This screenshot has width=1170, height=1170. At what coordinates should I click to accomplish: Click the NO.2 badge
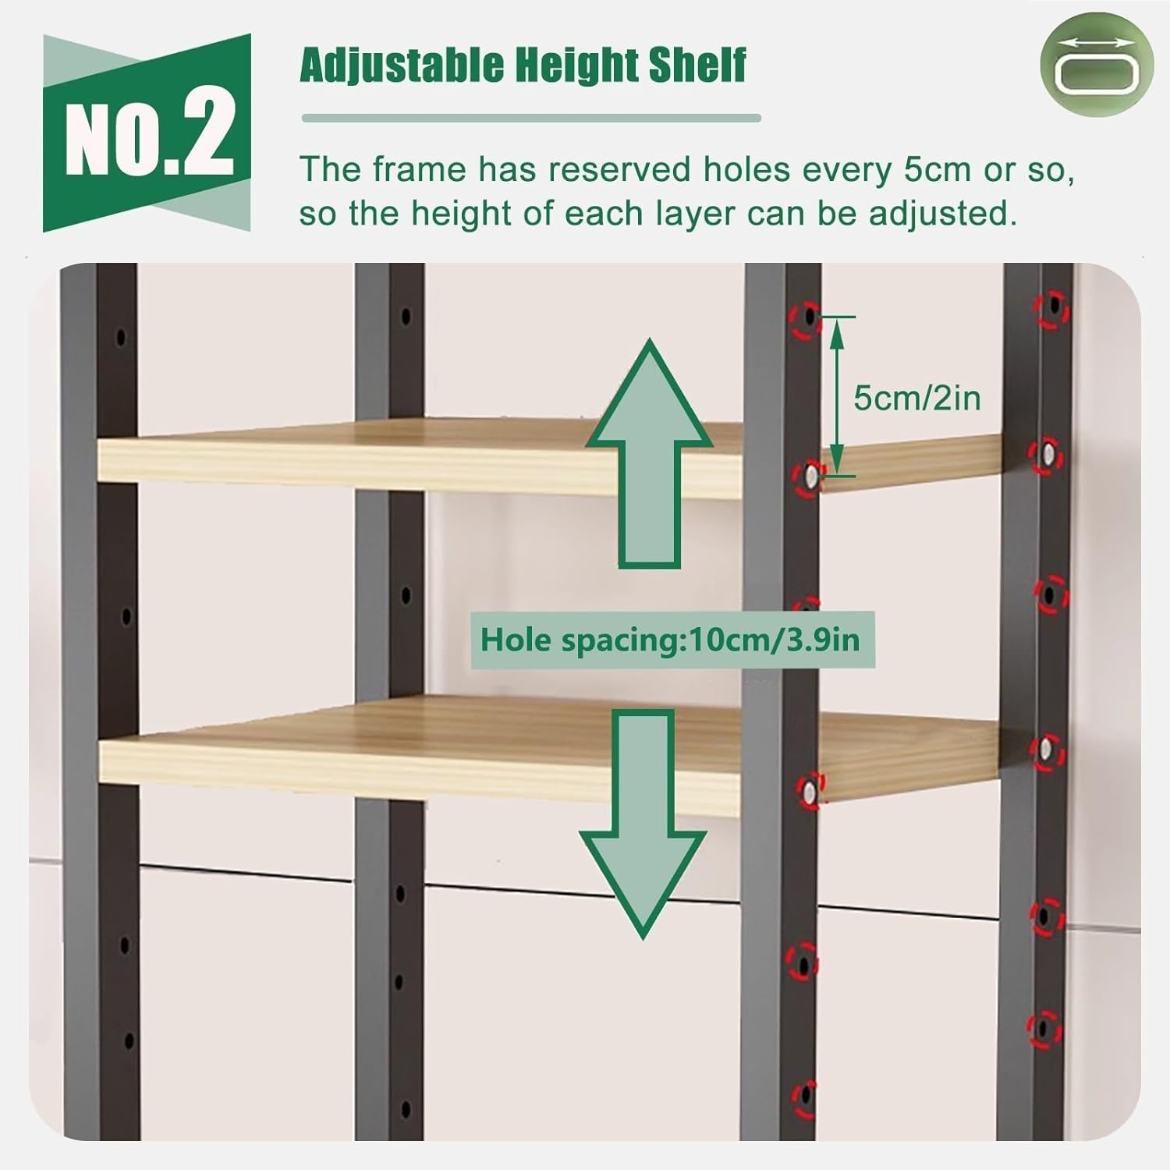point(147,133)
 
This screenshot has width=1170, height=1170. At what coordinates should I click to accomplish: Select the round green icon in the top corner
point(1096,66)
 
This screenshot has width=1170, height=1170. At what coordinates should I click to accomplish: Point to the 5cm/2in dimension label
point(916,398)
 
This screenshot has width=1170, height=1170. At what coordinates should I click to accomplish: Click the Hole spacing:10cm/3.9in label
point(670,640)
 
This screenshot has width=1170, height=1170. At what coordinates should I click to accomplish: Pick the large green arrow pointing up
point(649,452)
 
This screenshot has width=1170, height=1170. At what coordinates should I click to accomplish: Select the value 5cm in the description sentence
point(937,169)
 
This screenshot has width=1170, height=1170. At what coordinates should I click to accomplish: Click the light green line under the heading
point(530,119)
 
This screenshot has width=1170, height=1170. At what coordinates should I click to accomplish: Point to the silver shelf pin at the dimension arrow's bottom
point(810,476)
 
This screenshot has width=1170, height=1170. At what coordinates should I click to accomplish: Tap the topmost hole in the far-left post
point(120,338)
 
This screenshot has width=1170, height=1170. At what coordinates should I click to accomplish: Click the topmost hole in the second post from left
point(406,317)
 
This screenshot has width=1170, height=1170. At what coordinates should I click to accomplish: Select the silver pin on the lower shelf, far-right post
point(1045,751)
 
